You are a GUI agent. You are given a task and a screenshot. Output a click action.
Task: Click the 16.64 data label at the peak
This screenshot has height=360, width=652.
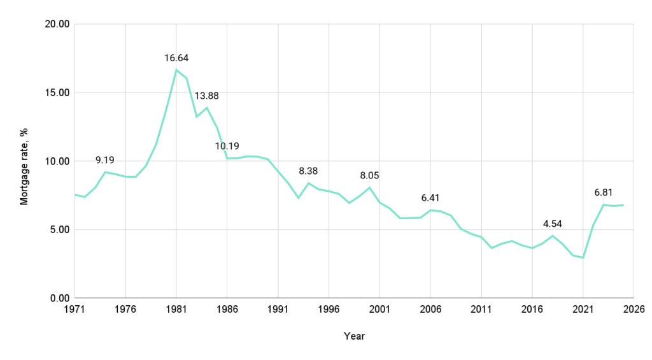point(176,58)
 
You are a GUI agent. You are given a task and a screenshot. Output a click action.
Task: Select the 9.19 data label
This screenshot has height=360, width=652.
point(110,160)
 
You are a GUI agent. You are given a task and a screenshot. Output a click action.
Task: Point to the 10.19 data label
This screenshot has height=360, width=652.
point(227,146)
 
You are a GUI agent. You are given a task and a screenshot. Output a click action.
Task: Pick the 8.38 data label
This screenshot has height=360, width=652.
point(308,171)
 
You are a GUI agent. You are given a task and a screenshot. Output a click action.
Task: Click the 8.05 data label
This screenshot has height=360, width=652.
point(369,175)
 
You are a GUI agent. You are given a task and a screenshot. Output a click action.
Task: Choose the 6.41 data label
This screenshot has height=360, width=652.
point(430,198)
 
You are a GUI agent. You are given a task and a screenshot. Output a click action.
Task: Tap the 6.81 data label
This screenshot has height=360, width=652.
point(604,192)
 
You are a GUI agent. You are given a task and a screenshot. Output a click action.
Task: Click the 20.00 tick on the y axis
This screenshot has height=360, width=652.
point(55,24)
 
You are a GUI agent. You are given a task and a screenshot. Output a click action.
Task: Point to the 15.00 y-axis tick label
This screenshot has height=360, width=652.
point(55,92)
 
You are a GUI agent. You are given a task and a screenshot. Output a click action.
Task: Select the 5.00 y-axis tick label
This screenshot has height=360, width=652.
point(58,229)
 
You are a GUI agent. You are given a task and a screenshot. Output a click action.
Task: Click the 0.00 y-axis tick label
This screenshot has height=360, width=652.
point(58,298)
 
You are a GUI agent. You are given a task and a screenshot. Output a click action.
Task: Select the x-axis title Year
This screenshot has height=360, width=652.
point(354,336)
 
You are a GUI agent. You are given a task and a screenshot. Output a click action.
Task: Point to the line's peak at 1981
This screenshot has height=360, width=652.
point(176,70)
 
